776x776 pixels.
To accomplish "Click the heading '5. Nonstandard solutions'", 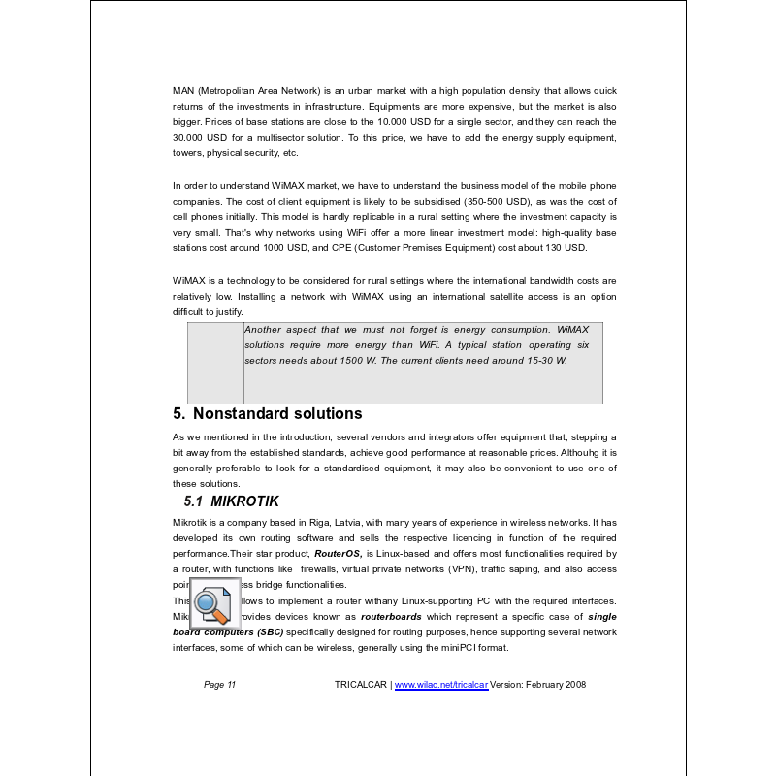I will click(x=267, y=414).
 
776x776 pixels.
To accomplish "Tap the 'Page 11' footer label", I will click(x=219, y=685).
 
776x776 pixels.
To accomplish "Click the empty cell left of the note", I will click(x=215, y=363).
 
